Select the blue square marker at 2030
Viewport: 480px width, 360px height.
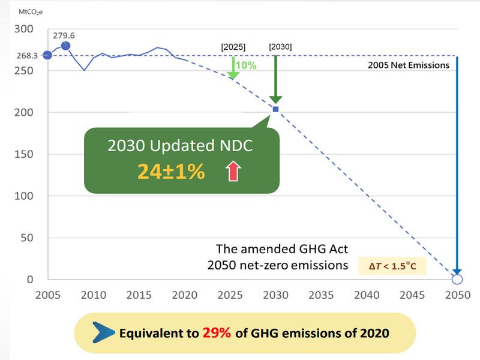tap(275, 109)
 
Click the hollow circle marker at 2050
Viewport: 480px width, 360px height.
tap(457, 279)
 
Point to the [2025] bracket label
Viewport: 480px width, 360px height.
tap(233, 46)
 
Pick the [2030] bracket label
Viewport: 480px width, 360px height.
tap(280, 46)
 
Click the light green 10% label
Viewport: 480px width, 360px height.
tap(246, 65)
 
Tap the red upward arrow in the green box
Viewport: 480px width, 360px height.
tap(233, 172)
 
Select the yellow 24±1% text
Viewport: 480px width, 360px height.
tap(171, 172)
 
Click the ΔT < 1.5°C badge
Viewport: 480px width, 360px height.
tap(392, 265)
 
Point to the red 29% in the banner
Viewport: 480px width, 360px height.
tap(217, 332)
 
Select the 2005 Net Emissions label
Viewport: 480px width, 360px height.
tap(408, 65)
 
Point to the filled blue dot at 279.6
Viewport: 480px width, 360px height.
tap(66, 46)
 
